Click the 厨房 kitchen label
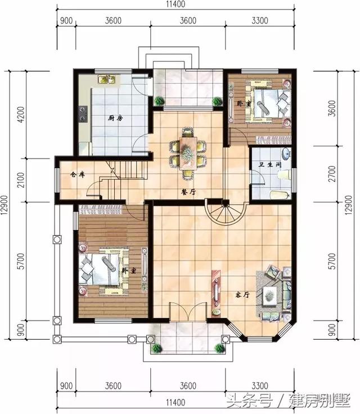(x=115, y=118)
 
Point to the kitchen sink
(x=106, y=81)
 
